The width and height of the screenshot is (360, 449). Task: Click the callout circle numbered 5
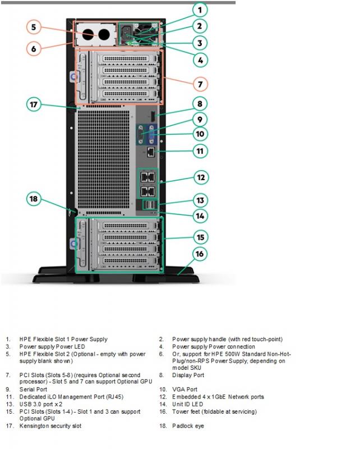(34, 27)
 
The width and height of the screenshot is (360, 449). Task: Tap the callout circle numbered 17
(34, 104)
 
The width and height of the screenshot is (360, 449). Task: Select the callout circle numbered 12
(201, 177)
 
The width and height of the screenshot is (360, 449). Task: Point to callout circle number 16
(200, 254)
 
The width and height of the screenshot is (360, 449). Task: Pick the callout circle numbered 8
(200, 104)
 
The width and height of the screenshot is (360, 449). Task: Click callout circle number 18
(34, 199)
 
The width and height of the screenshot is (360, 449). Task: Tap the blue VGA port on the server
(151, 134)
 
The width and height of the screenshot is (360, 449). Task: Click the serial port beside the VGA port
(141, 134)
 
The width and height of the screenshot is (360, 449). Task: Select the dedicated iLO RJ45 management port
(151, 152)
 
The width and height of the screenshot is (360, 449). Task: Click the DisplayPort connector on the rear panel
(153, 115)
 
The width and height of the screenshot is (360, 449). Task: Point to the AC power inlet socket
(126, 33)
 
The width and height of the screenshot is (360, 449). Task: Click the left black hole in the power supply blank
(89, 35)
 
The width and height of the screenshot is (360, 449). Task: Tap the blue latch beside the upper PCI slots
(74, 77)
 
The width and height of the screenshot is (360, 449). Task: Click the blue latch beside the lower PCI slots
(74, 244)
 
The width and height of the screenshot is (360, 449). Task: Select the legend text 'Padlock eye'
(188, 426)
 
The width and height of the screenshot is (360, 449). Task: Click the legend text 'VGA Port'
(184, 390)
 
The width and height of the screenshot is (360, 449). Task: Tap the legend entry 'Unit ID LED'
(187, 404)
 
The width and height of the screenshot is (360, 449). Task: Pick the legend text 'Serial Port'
(33, 390)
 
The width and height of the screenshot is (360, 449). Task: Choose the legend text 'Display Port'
(188, 375)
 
